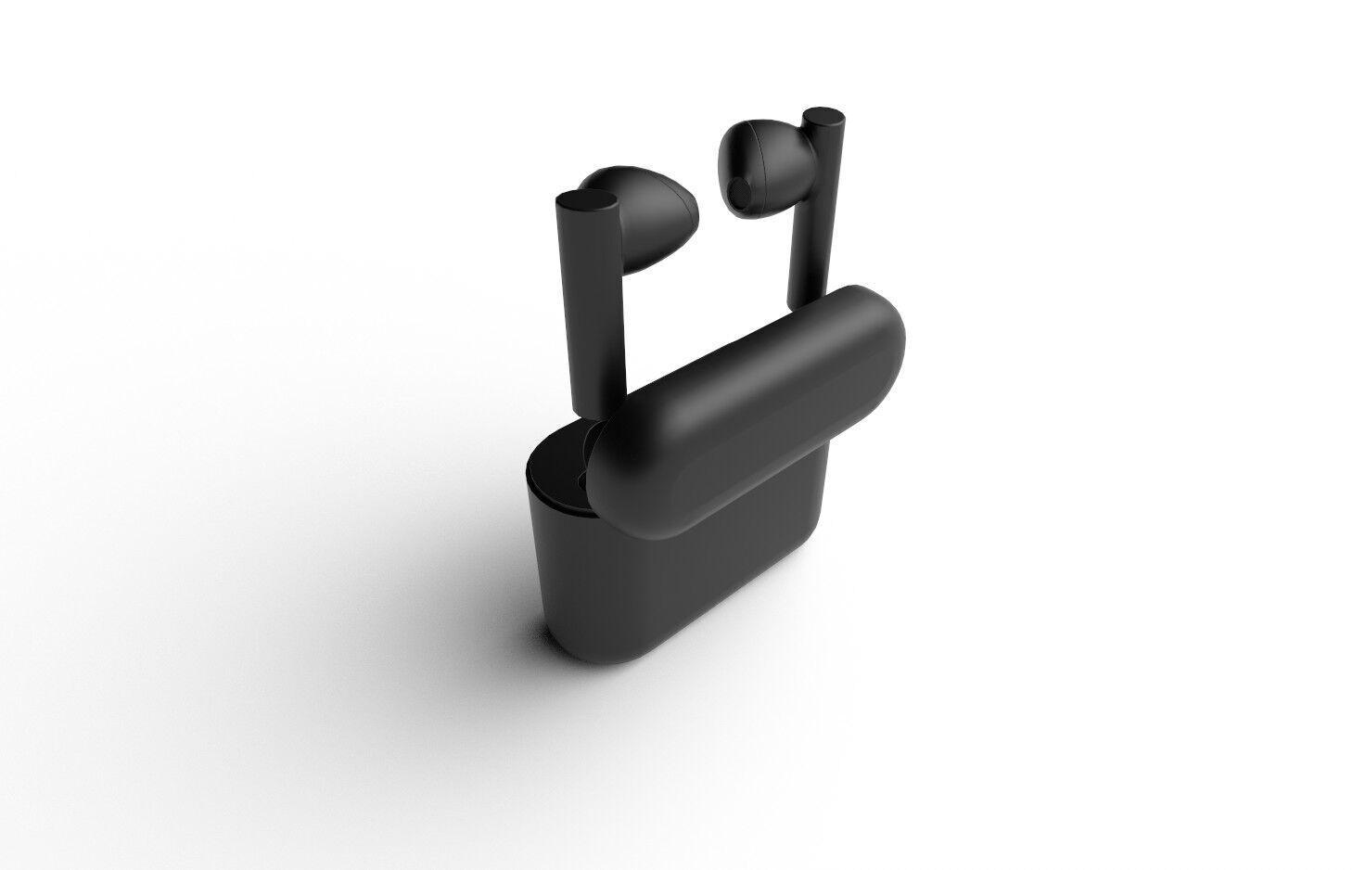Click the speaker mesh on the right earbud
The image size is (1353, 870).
(x=739, y=191)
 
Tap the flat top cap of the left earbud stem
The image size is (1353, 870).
(x=586, y=202)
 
